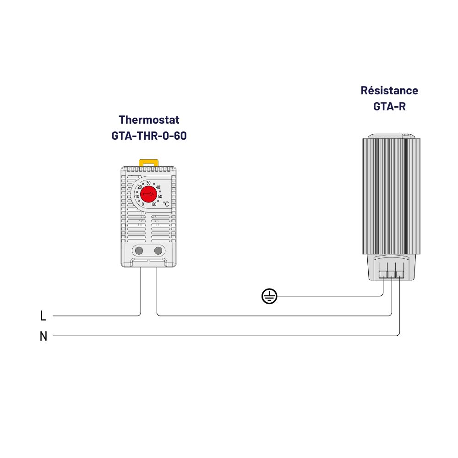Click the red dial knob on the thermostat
pyautogui.click(x=148, y=195)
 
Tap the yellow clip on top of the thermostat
pyautogui.click(x=148, y=162)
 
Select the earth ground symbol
pyautogui.click(x=269, y=296)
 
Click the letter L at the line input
pyautogui.click(x=44, y=316)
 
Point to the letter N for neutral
pyautogui.click(x=44, y=336)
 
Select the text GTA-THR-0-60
pyautogui.click(x=149, y=136)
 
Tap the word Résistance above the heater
pyautogui.click(x=389, y=90)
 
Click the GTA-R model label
pyautogui.click(x=389, y=106)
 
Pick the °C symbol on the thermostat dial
pyautogui.click(x=166, y=204)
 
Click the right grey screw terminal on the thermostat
pyautogui.click(x=158, y=250)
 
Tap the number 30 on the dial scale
pyautogui.click(x=148, y=183)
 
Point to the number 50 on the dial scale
pyautogui.click(x=159, y=196)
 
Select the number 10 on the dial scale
pyautogui.click(x=137, y=196)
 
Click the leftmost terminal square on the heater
pyautogui.click(x=383, y=274)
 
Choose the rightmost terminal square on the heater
pyautogui.click(x=400, y=274)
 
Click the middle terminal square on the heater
pyautogui.click(x=392, y=274)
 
